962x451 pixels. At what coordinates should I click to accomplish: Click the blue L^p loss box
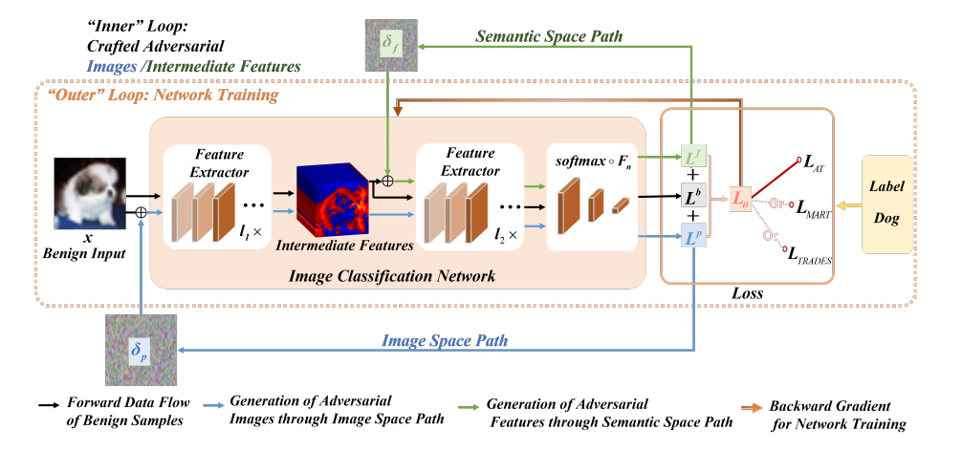point(693,238)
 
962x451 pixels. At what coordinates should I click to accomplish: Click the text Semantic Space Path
point(549,36)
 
